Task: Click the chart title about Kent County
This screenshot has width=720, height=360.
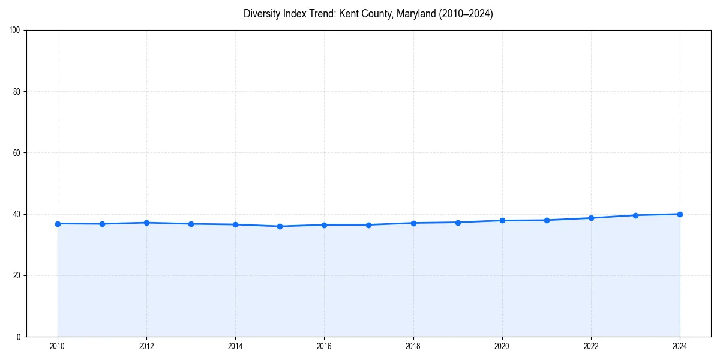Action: (x=368, y=14)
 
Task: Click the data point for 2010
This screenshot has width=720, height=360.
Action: (x=58, y=224)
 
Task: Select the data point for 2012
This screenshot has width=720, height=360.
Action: (x=146, y=223)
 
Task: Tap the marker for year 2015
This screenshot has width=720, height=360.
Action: (x=280, y=226)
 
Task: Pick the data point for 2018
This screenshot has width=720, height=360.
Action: (x=413, y=223)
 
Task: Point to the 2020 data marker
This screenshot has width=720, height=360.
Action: (x=502, y=220)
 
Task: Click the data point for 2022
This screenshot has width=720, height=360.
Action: (x=591, y=218)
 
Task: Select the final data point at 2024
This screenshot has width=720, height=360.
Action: (x=680, y=214)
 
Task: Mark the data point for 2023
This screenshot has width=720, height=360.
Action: (x=635, y=215)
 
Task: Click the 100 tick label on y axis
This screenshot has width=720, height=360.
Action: (x=16, y=31)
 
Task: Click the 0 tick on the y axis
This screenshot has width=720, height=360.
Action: (x=19, y=337)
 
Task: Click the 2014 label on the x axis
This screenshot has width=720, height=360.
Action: (x=235, y=346)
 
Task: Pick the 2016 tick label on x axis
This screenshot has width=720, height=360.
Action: (x=324, y=346)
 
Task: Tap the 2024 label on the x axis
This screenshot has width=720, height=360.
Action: (x=680, y=346)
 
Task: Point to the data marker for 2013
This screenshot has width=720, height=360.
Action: (x=191, y=224)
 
